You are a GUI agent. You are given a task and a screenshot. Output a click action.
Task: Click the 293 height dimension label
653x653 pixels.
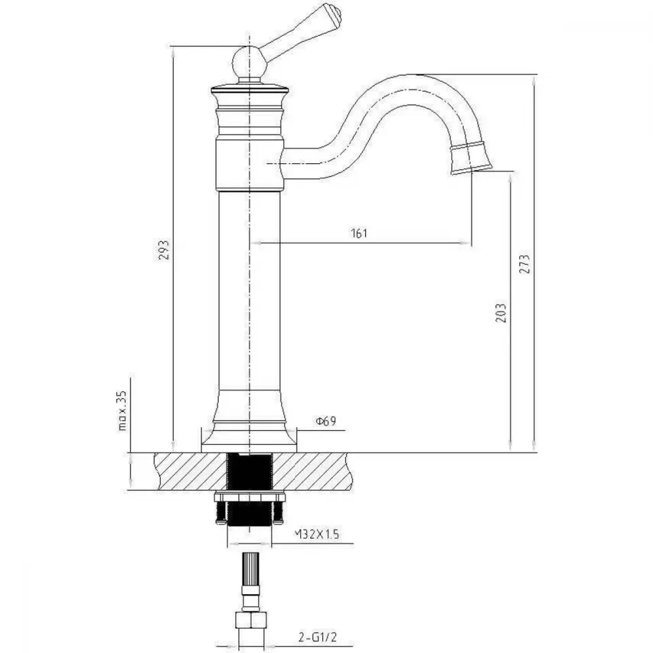165,249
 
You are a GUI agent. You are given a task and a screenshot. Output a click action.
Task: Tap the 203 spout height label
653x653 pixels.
502,312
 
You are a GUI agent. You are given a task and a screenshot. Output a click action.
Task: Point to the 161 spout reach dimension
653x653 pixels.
359,233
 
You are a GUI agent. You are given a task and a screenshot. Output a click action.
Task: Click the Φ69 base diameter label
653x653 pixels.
326,421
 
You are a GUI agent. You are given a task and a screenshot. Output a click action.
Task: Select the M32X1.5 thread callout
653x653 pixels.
317,534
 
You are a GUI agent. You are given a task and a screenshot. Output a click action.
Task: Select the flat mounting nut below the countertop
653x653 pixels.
249,497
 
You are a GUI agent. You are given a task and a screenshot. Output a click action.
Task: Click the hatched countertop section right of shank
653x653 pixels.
312,472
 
